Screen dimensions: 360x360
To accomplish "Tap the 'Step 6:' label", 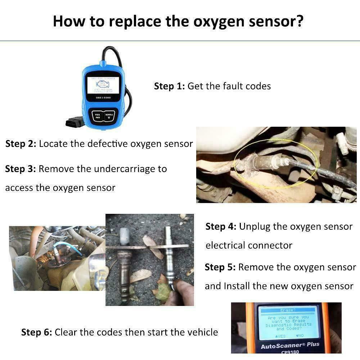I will coord(36,332).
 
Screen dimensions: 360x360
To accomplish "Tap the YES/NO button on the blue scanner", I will coord(97,116).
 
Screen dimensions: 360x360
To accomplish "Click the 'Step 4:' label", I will coord(221,227).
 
